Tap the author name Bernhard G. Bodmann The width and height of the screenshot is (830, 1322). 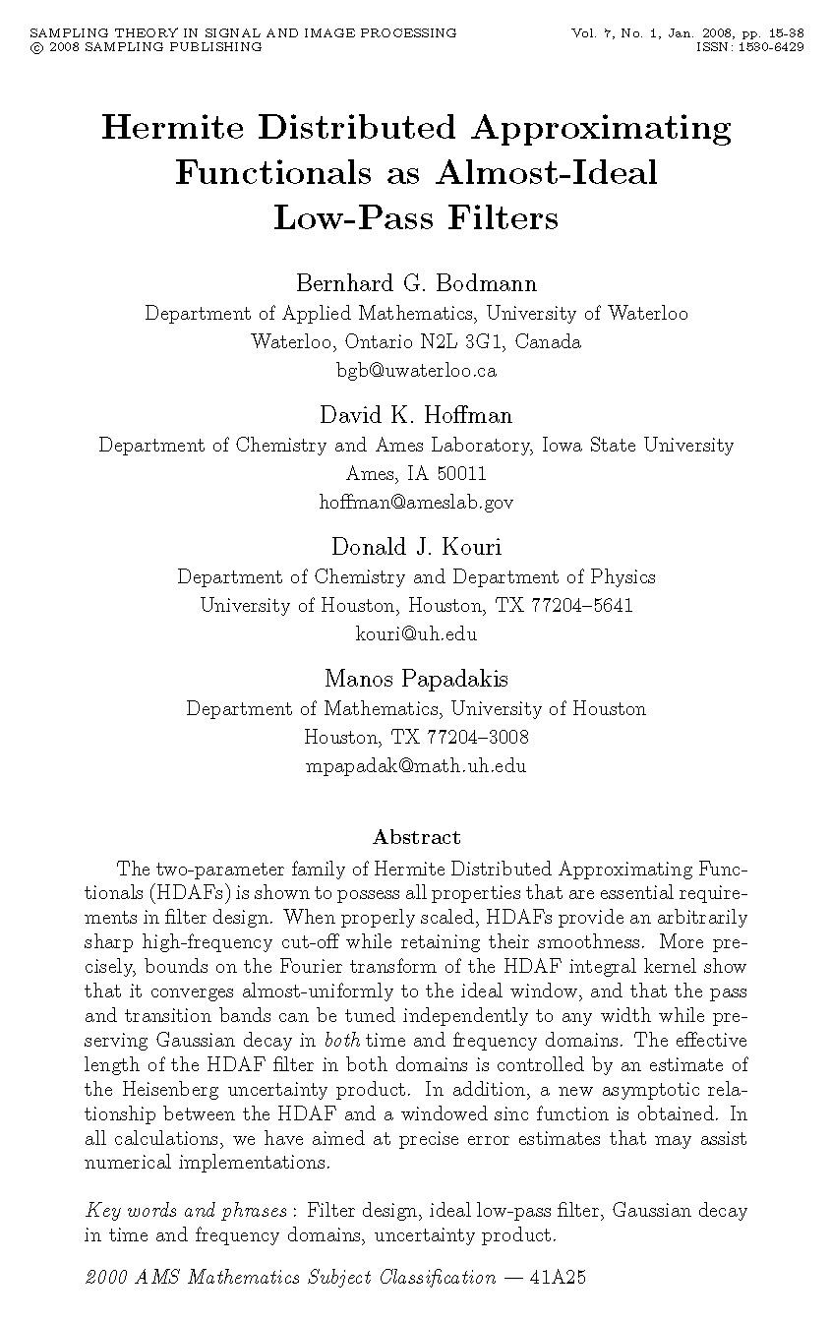coord(416,284)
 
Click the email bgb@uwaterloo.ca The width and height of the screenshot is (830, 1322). coord(416,371)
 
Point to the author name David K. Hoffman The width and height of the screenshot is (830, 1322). coord(416,415)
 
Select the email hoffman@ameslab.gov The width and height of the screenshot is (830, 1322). coord(416,503)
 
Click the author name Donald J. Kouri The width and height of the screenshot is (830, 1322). coord(416,547)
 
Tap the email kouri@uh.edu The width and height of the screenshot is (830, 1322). coord(416,633)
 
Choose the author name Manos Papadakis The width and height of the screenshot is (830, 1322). coord(416,679)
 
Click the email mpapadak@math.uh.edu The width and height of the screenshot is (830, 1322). coord(416,766)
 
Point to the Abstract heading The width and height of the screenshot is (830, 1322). coord(416,838)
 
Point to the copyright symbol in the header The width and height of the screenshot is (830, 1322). coord(35,46)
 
